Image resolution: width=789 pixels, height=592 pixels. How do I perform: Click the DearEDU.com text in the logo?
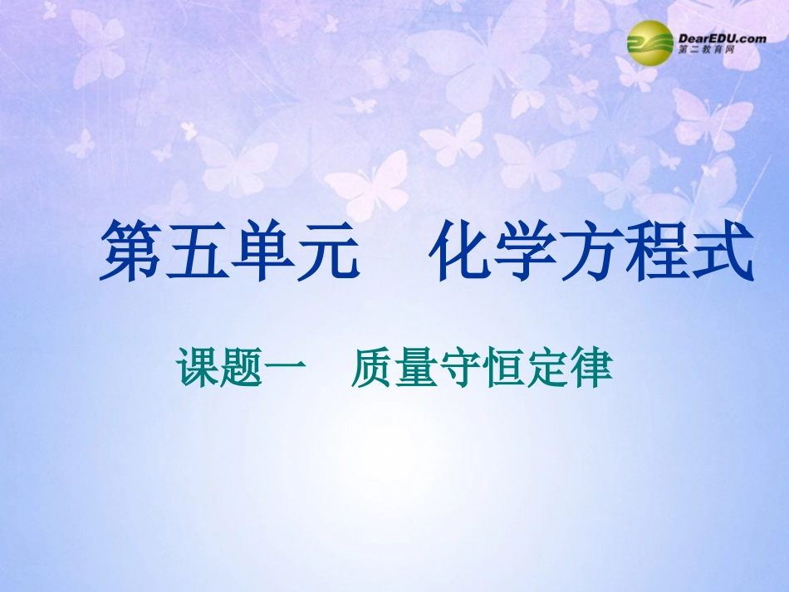pyautogui.click(x=710, y=37)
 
